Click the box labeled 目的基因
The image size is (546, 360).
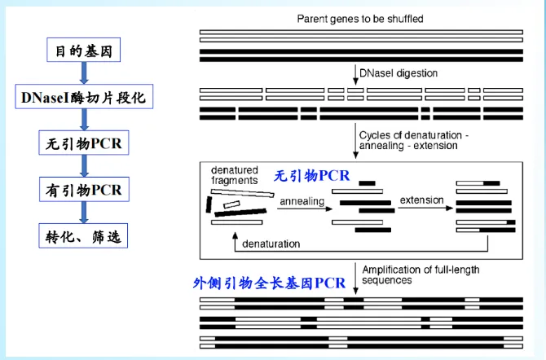pyautogui.click(x=82, y=52)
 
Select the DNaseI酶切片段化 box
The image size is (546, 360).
pyautogui.click(x=82, y=99)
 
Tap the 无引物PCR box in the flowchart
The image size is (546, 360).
pyautogui.click(x=82, y=145)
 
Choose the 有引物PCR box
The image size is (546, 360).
pyautogui.click(x=82, y=191)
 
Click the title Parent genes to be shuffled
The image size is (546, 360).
pyautogui.click(x=361, y=18)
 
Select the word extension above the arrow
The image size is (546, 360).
pyautogui.click(x=421, y=200)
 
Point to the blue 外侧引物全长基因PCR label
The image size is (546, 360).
pyautogui.click(x=269, y=283)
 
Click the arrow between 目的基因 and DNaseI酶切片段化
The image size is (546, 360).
pyautogui.click(x=82, y=75)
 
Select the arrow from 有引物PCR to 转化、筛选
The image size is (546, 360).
pyautogui.click(x=82, y=213)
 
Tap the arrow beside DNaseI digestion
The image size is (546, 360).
pyautogui.click(x=355, y=72)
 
